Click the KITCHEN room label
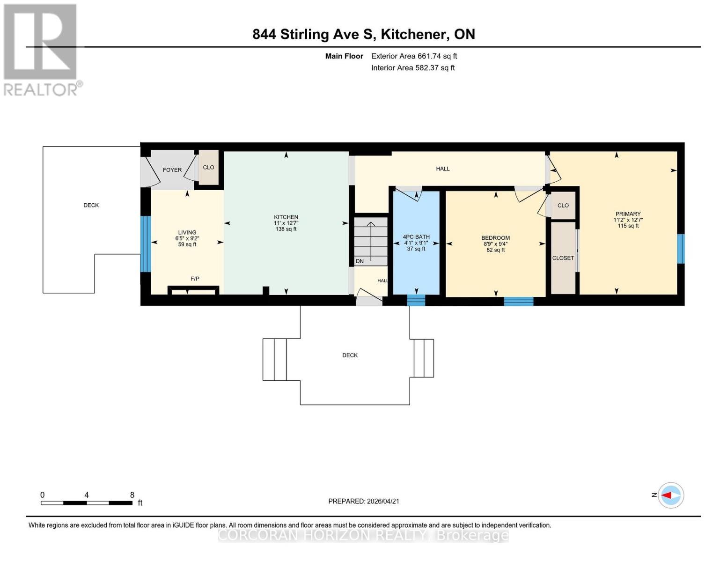[286, 217]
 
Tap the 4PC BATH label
[416, 237]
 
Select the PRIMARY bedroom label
[628, 214]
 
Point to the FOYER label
[172, 170]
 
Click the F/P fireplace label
[195, 279]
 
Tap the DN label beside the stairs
[360, 261]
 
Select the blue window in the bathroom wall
[416, 300]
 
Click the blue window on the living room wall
[146, 244]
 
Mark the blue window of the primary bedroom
[681, 249]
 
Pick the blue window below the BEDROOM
[518, 301]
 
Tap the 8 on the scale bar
[132, 495]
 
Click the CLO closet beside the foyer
[209, 167]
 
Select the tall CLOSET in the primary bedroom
[563, 258]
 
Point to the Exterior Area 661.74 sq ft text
[414, 56]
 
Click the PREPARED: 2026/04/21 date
[364, 501]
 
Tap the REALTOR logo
[41, 49]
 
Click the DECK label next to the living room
[91, 205]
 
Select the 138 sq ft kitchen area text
[286, 229]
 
